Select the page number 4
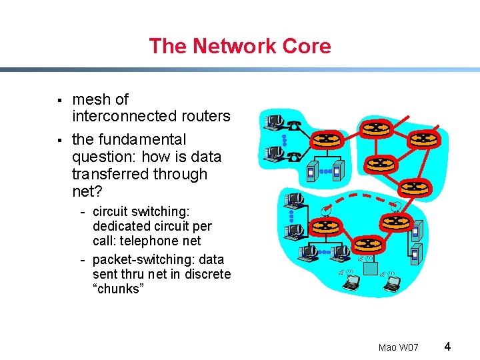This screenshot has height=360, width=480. click(x=447, y=346)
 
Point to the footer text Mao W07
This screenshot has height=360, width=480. click(x=398, y=347)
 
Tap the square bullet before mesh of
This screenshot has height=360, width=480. click(x=59, y=101)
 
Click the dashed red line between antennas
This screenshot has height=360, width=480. click(x=360, y=198)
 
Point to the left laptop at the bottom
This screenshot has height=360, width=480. click(x=350, y=283)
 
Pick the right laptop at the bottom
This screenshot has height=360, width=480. click(x=392, y=283)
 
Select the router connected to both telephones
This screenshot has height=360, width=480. click(x=327, y=139)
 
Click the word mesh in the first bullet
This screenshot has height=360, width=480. click(x=91, y=99)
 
